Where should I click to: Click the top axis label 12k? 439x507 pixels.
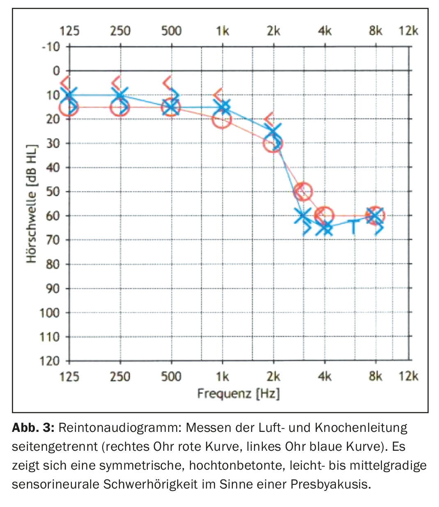click(408, 31)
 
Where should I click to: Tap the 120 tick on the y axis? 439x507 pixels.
click(49, 361)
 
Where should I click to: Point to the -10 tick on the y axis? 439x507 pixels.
click(51, 46)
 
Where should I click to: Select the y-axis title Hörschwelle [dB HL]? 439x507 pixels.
click(32, 204)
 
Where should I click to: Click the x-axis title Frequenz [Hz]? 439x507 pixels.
click(238, 394)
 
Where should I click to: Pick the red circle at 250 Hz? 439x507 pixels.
click(120, 108)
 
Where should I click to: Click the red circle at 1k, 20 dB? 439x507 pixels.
click(222, 120)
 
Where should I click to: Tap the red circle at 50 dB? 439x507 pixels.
click(303, 191)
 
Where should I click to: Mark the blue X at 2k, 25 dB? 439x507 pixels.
click(273, 132)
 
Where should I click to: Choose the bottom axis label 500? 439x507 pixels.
click(171, 376)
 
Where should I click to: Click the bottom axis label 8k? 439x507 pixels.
click(375, 376)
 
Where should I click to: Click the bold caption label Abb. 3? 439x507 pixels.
click(33, 428)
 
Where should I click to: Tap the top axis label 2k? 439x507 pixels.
click(273, 31)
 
